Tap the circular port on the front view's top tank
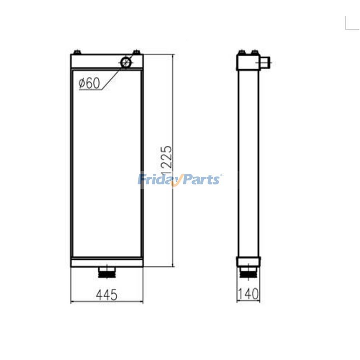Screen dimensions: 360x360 (x=126, y=62)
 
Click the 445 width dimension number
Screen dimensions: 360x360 (x=106, y=295)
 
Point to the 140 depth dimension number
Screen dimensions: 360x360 (x=248, y=295)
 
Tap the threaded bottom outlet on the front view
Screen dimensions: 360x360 (x=107, y=273)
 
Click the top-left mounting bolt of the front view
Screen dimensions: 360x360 (x=77, y=52)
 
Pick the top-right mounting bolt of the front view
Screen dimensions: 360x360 (x=136, y=52)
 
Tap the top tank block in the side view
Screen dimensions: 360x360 (x=248, y=62)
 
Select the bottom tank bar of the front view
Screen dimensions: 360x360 (x=107, y=262)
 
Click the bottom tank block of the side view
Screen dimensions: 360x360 (x=248, y=262)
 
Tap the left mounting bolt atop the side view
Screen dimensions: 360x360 (x=242, y=52)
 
